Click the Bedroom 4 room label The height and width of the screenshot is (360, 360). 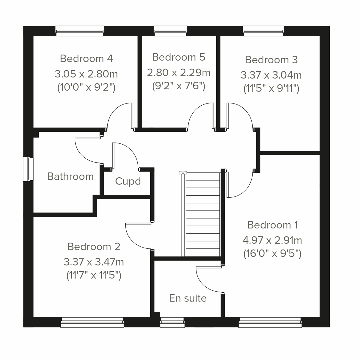point(86,58)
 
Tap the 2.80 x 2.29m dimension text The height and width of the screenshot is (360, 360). point(178,72)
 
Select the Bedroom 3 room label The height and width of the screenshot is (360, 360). point(271,60)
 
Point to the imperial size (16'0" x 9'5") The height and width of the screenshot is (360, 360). point(272,254)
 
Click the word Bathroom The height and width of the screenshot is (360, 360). point(70,176)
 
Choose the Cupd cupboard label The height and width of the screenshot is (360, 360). point(128,181)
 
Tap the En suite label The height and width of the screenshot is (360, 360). point(188,298)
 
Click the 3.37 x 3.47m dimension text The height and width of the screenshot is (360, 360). point(94,262)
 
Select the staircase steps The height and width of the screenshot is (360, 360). point(203,214)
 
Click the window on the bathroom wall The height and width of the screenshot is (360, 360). point(28,169)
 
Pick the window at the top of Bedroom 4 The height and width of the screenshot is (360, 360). point(80,31)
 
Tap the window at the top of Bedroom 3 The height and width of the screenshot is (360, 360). point(263,31)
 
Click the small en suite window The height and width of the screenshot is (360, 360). point(172,322)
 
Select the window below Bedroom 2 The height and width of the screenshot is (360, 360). point(92,323)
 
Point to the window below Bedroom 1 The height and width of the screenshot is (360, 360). point(270,323)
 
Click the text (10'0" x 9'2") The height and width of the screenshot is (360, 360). point(86,88)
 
